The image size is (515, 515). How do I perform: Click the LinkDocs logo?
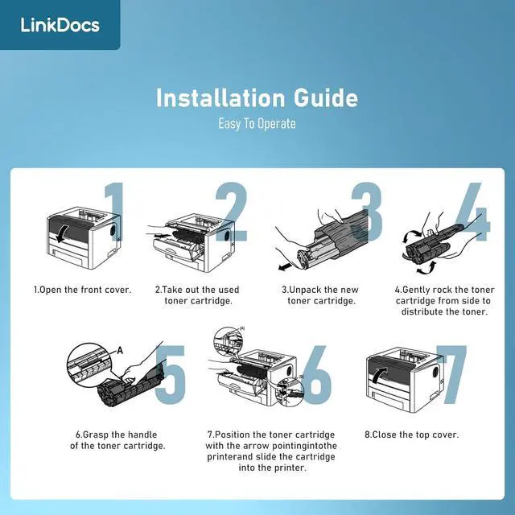[x=60, y=25]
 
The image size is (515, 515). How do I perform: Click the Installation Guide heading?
[x=257, y=98]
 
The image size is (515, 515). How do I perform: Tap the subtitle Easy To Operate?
[x=257, y=124]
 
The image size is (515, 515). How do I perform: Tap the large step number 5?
[x=171, y=374]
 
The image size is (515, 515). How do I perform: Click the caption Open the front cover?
[x=81, y=289]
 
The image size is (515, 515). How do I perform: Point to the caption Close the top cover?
[x=411, y=435]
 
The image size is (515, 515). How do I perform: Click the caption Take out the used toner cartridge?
[x=197, y=295]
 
